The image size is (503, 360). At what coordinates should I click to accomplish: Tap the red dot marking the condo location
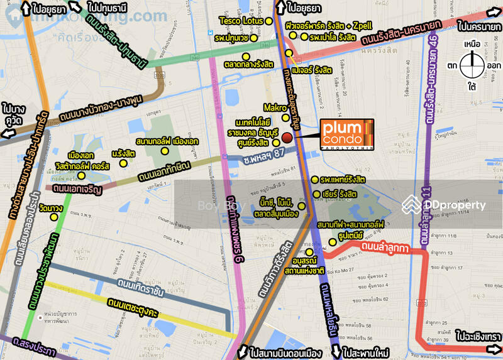287,138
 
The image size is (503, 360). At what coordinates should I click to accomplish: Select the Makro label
275,107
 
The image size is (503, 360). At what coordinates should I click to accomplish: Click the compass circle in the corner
472,65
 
